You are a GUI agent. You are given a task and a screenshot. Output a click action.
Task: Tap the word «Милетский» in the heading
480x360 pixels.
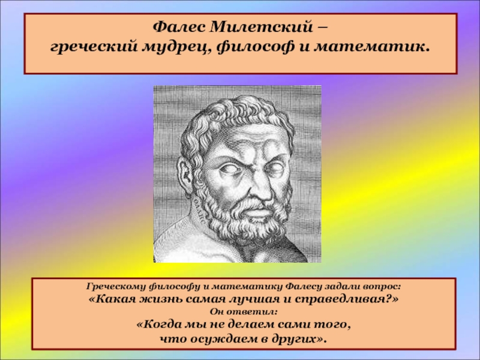262,27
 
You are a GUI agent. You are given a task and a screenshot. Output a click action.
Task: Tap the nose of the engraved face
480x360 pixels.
261,189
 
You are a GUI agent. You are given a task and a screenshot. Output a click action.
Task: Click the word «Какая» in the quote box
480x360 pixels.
115,299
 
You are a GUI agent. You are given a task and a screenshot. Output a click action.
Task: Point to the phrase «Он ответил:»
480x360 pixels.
244,312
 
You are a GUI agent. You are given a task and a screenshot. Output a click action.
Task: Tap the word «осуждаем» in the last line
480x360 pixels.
222,339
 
